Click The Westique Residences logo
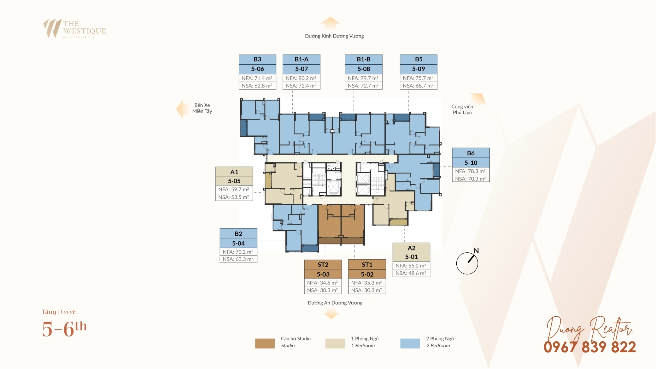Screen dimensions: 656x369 pos(74,29)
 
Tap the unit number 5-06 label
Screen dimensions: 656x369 pos(257,69)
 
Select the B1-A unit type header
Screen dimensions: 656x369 pos(302,59)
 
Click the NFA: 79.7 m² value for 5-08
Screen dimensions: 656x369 pos(363,78)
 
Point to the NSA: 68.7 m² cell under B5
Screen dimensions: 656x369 pos(418,85)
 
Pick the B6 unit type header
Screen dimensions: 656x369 pos(471,153)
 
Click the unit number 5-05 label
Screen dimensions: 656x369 pos(234,181)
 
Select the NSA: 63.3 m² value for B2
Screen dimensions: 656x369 pos(238,259)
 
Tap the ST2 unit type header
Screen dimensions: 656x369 pos(323,265)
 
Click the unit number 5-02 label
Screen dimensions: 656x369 pos(367,274)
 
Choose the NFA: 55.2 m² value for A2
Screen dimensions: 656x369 pos(411,266)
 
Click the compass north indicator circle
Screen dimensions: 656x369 pos(467,263)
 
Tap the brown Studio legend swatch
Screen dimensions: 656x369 pos(265,343)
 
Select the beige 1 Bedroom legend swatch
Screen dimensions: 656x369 pos(335,343)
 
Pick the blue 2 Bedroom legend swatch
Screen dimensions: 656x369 pos(410,343)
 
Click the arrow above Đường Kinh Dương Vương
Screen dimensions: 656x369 pos(330,23)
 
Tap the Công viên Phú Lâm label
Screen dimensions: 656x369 pos(462,109)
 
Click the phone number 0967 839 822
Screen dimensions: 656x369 pos(590,347)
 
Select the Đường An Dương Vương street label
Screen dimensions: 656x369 pos(335,303)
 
